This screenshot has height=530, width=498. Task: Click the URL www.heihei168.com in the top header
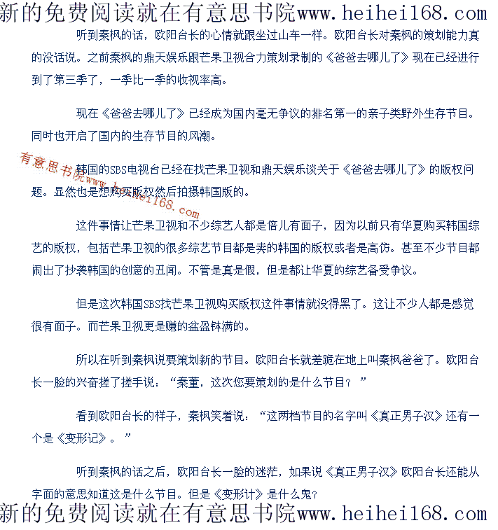click(392, 13)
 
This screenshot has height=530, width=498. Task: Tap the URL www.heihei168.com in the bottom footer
click(392, 515)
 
